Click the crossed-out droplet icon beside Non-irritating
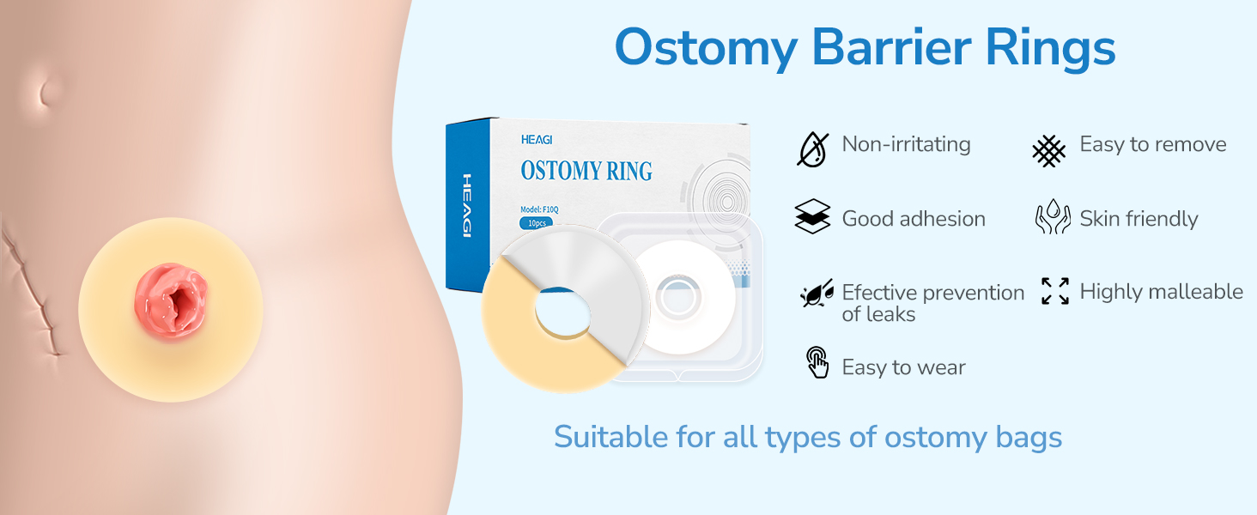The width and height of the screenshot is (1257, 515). pos(813,149)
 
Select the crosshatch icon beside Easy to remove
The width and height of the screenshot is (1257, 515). pos(1049,151)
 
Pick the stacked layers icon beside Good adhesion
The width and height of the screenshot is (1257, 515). pos(812,216)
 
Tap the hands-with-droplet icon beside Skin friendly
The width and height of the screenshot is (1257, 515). pos(1053,216)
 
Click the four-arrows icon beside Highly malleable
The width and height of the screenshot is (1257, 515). pos(1055,291)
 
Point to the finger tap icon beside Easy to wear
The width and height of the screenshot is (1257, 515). pos(817,362)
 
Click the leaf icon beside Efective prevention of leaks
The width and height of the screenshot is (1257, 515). pos(817,294)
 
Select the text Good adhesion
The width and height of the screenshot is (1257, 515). pos(914,219)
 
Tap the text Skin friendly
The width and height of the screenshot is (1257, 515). pos(1139,219)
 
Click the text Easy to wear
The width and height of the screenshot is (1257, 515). pos(903,367)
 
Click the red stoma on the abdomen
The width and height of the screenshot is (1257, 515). pos(171,302)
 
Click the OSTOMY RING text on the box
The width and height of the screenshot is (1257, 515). pos(586,171)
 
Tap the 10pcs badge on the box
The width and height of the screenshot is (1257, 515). pos(537,223)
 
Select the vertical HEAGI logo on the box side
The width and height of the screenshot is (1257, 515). pos(467,205)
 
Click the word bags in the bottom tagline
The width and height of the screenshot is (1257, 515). pos(1028,438)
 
